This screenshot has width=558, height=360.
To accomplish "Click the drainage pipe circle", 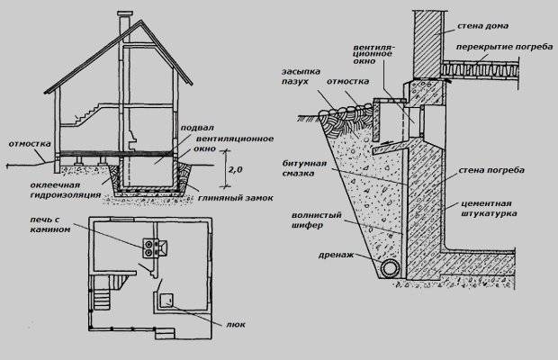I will pos(388,269).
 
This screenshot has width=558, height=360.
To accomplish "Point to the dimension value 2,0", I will pos(236,168).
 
